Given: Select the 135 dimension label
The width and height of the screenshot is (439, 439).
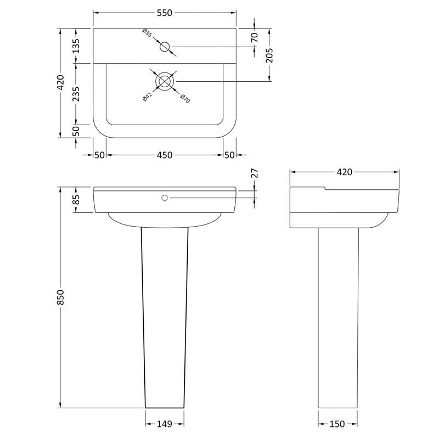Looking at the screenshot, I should click(x=76, y=46).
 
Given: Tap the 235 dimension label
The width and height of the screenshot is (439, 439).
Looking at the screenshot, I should click(x=76, y=94).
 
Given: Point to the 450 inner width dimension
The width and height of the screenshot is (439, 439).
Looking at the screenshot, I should click(x=165, y=155).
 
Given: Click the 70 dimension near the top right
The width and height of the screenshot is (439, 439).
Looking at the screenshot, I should click(x=254, y=38).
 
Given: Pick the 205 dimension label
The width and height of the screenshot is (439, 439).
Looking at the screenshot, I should click(x=269, y=55).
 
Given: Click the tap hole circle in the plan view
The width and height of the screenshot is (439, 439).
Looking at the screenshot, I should click(x=165, y=47).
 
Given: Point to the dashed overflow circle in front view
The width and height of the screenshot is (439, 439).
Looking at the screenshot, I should click(x=165, y=198).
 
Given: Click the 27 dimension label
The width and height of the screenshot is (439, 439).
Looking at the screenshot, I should click(x=254, y=174).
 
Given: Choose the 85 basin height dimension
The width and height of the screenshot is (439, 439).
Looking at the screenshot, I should click(x=76, y=200).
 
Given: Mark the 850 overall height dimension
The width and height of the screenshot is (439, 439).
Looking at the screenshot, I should click(x=60, y=297).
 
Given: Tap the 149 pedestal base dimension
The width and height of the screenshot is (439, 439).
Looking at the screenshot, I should click(x=165, y=424).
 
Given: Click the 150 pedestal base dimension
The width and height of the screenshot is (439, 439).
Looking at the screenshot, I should click(x=337, y=424).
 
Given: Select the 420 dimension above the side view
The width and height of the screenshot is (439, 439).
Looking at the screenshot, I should click(x=344, y=172).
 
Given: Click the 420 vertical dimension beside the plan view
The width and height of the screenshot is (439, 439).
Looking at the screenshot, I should click(x=60, y=82).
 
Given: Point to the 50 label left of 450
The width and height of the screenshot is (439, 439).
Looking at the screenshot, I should click(x=99, y=155).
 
